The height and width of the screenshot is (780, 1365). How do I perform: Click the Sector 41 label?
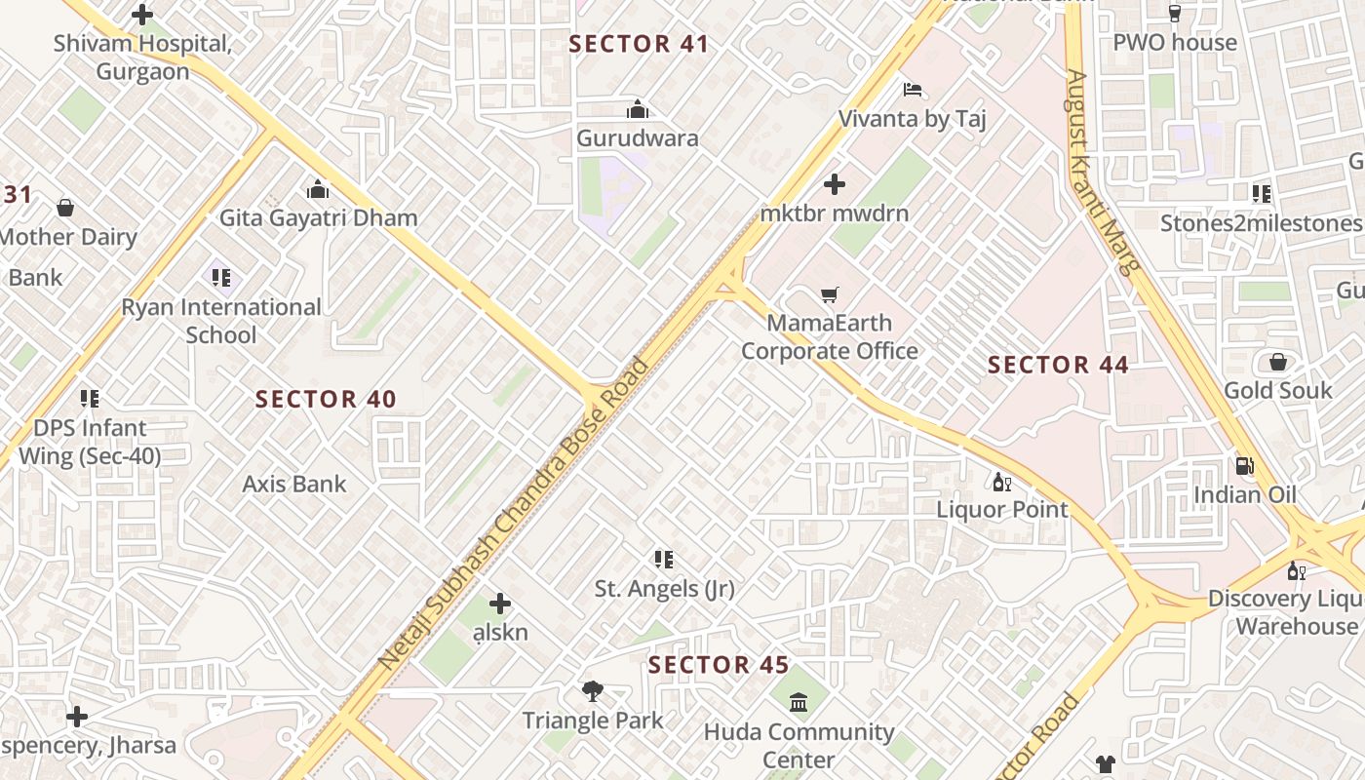(639, 44)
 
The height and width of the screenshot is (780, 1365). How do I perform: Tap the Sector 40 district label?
(326, 399)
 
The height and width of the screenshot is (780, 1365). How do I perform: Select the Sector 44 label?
(1058, 365)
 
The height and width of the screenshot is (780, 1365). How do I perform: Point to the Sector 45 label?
(719, 665)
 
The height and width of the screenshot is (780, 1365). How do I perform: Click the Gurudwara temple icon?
(638, 109)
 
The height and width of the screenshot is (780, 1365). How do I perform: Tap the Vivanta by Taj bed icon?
(913, 91)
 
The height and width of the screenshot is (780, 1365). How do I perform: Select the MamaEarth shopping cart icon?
(830, 294)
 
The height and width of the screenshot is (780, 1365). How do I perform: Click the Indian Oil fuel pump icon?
(1244, 466)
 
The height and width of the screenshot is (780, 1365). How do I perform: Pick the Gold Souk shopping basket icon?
(1277, 363)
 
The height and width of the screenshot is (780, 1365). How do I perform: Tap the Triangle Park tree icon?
(592, 692)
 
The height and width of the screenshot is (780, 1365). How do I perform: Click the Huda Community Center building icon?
(799, 702)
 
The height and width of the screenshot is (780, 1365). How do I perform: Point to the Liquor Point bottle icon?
(1001, 482)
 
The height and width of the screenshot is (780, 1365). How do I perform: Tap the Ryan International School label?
(221, 321)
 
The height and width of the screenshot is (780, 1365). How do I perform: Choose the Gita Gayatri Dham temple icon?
(318, 189)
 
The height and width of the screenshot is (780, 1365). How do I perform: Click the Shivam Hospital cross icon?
(142, 15)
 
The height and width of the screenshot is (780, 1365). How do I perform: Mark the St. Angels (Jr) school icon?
(664, 560)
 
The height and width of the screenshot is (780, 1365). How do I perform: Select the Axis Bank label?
(294, 484)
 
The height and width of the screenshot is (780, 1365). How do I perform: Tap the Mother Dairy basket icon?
(65, 208)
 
